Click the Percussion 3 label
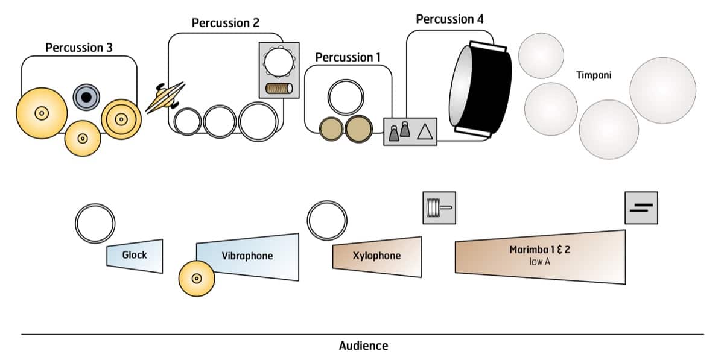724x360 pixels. tap(79, 48)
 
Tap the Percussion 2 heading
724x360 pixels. tap(226, 24)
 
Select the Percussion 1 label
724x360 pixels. tap(348, 58)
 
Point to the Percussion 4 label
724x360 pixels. tap(449, 19)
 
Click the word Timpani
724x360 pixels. tap(595, 75)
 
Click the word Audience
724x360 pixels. tap(363, 346)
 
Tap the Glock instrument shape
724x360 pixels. tap(135, 256)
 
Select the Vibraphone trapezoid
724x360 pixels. tap(248, 257)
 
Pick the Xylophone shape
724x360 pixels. tap(376, 256)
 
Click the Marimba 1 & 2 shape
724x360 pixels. tap(541, 257)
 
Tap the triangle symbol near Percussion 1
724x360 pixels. tap(426, 131)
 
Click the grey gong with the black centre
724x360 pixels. tap(86, 96)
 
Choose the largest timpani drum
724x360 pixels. tap(663, 90)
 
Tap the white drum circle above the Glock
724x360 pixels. tap(95, 223)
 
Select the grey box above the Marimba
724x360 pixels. tap(641, 208)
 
